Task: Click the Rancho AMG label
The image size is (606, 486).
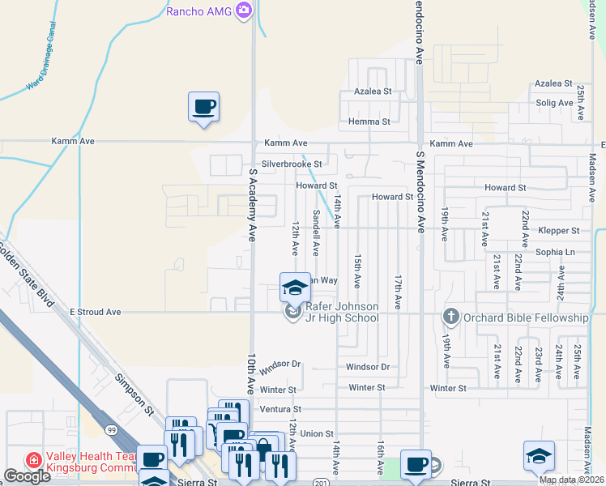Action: (199, 11)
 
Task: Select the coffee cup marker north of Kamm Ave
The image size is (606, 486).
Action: (204, 106)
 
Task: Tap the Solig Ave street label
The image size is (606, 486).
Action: (554, 103)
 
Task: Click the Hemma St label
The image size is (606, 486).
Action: (369, 122)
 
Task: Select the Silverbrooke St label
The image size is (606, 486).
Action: (291, 164)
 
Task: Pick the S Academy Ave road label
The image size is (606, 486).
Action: (252, 206)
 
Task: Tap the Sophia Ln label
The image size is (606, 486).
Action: (554, 252)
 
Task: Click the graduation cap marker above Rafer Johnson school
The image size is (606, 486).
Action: (295, 288)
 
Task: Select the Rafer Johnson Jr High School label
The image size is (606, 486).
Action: (340, 312)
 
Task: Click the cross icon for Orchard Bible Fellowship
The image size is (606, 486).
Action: (451, 317)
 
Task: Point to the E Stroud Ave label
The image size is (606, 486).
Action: (95, 312)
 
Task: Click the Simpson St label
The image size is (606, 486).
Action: (134, 394)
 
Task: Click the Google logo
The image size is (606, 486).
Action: (27, 476)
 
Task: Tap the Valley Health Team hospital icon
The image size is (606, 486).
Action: (34, 460)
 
